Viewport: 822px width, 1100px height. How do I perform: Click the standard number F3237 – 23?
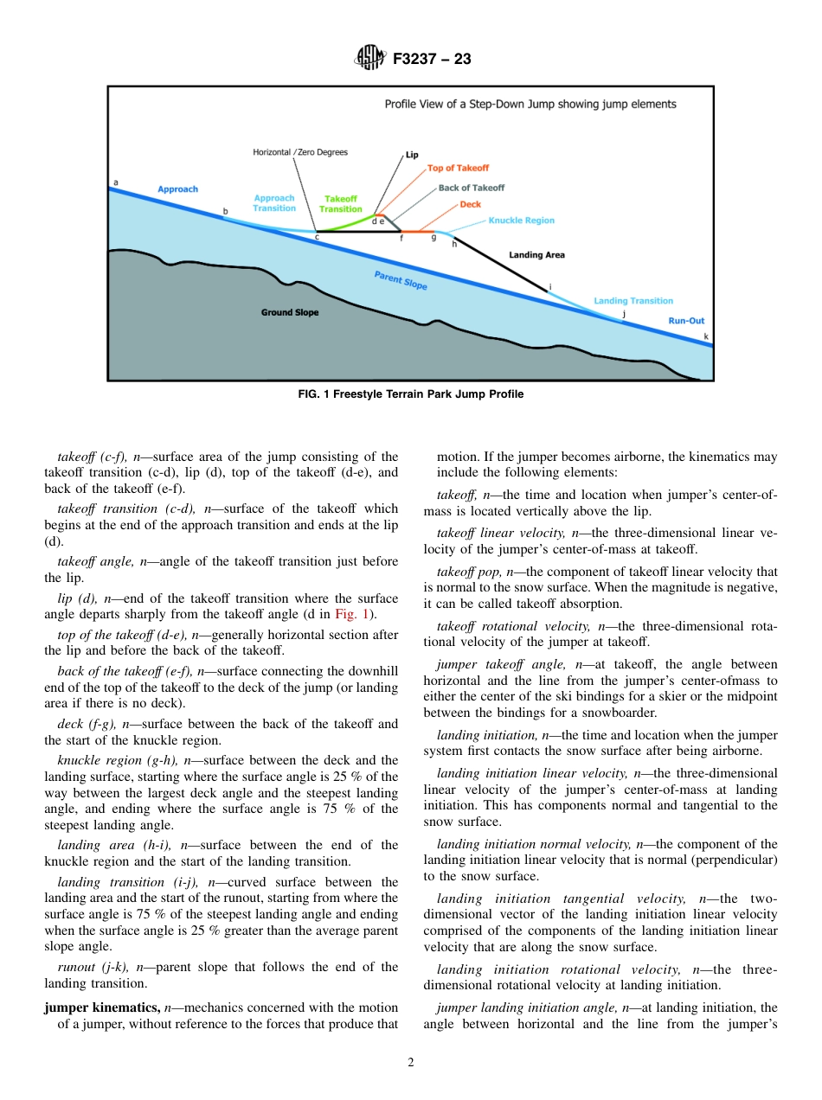tap(432, 59)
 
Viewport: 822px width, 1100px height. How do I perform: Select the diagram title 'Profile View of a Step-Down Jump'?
tap(530, 104)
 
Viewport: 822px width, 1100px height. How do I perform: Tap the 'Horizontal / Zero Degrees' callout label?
tap(300, 152)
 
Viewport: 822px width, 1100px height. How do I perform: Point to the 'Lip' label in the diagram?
tap(412, 155)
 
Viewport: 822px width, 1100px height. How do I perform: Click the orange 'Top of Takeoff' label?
tap(458, 168)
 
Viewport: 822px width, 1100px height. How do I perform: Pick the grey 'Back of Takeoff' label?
tap(471, 188)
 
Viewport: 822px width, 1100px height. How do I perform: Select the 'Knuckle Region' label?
tap(521, 221)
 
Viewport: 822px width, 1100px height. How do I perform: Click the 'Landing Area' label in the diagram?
tap(536, 255)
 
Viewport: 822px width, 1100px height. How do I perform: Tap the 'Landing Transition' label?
tap(633, 301)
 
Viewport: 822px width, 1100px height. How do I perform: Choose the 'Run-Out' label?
tap(686, 321)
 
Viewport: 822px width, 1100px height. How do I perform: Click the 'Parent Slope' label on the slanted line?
tap(401, 281)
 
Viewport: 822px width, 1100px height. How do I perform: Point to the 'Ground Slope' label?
tap(290, 312)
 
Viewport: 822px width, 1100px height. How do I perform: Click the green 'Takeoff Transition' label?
tap(341, 204)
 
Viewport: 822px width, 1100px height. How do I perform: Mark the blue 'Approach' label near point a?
tap(177, 189)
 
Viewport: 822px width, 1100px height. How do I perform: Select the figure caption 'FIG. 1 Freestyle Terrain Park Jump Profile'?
tap(410, 394)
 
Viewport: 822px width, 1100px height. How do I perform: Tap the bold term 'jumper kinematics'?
tap(102, 1007)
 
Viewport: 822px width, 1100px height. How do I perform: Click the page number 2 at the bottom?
tap(411, 1063)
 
